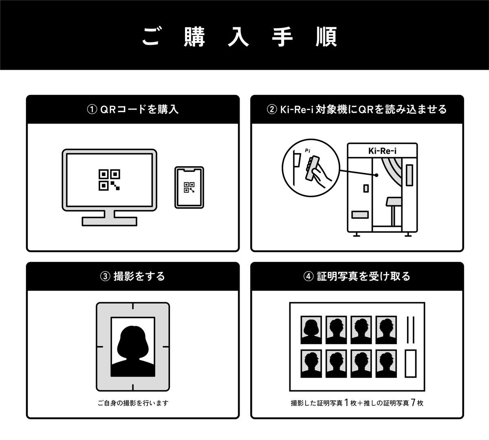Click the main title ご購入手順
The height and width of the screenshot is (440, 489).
pyautogui.click(x=240, y=37)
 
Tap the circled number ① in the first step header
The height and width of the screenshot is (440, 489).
pyautogui.click(x=92, y=110)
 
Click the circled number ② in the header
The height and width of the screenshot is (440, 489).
pyautogui.click(x=272, y=110)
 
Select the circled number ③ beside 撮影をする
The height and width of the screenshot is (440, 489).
pyautogui.click(x=105, y=277)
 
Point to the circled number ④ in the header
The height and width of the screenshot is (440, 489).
pyautogui.click(x=308, y=277)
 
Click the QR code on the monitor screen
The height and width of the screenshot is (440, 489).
pyautogui.click(x=109, y=180)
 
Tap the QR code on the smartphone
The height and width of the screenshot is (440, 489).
pyautogui.click(x=189, y=187)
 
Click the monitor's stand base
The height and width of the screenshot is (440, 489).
pyautogui.click(x=110, y=221)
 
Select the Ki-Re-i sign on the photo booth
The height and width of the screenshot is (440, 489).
pyautogui.click(x=382, y=151)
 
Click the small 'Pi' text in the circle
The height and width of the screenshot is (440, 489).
pyautogui.click(x=308, y=150)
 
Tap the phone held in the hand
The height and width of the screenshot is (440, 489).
pyautogui.click(x=312, y=168)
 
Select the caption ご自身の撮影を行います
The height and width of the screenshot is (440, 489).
pyautogui.click(x=133, y=403)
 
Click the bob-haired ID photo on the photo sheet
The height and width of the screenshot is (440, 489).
pyautogui.click(x=311, y=330)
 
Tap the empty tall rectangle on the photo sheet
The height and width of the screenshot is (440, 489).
pyautogui.click(x=410, y=364)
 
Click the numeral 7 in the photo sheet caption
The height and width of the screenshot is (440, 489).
pyautogui.click(x=413, y=403)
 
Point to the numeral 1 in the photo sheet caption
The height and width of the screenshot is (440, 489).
pyautogui.click(x=346, y=403)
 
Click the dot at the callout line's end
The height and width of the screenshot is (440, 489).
pyautogui.click(x=377, y=175)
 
